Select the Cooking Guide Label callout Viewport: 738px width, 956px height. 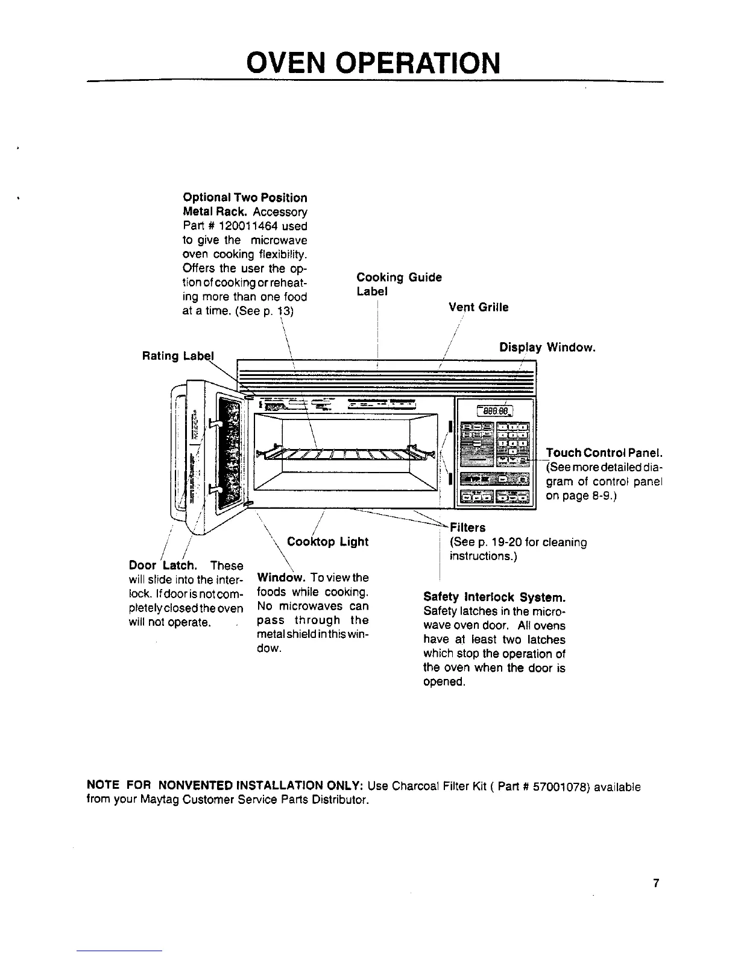[x=399, y=284]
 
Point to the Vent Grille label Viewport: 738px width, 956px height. [x=478, y=307]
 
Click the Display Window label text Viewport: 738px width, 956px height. [x=547, y=348]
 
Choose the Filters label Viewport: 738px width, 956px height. [x=468, y=527]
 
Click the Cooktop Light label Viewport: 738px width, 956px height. [x=327, y=541]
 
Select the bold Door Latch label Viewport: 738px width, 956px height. [x=162, y=566]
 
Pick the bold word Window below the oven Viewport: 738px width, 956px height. [x=275, y=578]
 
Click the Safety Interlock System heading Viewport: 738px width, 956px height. [x=494, y=597]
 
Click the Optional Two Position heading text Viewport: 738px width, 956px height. [x=245, y=198]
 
